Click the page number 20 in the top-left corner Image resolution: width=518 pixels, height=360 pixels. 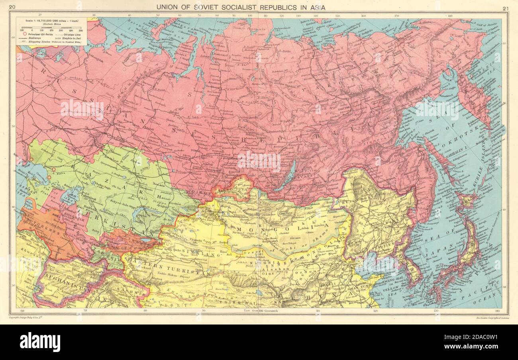pos(12,7)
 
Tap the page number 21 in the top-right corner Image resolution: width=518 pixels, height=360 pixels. pos(506,8)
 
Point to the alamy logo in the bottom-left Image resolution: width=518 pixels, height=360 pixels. pos(40,342)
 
